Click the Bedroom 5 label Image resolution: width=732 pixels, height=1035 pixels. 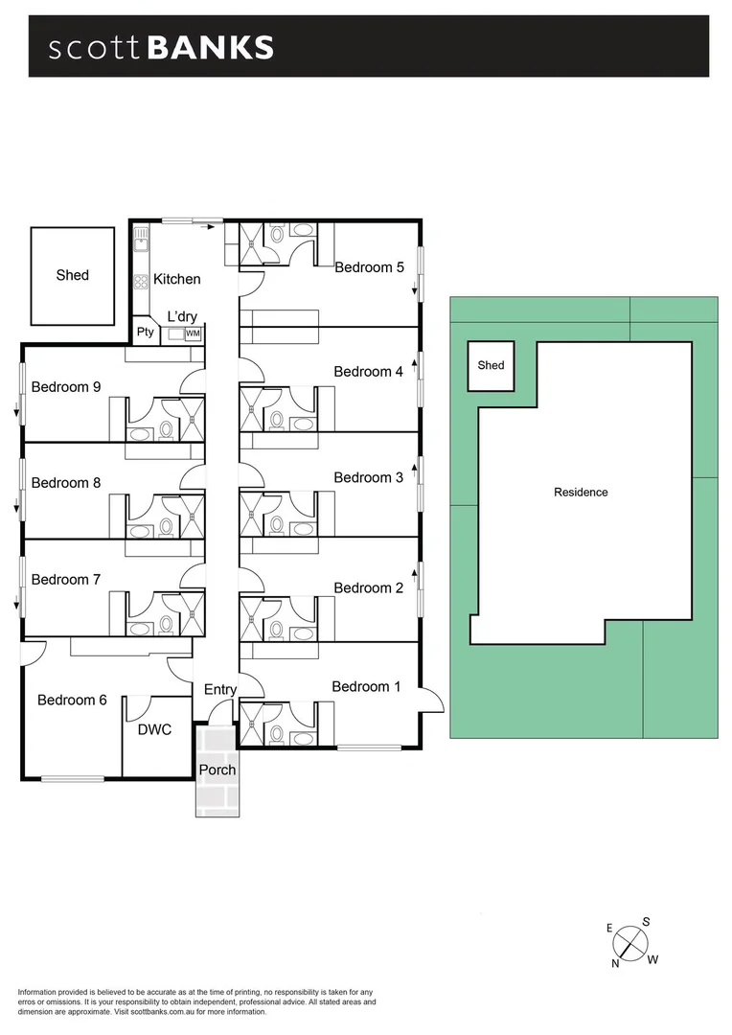tap(369, 267)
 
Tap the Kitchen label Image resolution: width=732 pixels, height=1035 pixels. tap(178, 279)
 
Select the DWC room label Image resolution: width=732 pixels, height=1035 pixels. tap(154, 729)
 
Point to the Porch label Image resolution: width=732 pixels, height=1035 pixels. tap(217, 770)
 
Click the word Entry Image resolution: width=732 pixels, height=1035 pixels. tap(220, 689)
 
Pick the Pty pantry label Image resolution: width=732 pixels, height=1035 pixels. tap(146, 333)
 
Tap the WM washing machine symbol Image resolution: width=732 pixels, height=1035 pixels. tap(193, 333)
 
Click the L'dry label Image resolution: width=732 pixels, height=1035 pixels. tap(183, 316)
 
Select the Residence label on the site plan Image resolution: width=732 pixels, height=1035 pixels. tap(581, 493)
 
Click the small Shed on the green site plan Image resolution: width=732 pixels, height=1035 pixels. tap(491, 365)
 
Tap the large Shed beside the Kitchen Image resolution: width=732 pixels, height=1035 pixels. tap(73, 275)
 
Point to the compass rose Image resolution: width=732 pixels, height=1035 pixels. tap(629, 943)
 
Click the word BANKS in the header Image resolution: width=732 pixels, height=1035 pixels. tap(211, 47)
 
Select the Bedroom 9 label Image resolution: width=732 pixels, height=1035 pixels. tap(66, 387)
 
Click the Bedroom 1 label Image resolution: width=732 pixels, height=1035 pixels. tap(367, 686)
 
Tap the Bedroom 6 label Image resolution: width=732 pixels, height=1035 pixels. tap(72, 700)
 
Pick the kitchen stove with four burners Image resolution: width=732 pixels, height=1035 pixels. tap(141, 282)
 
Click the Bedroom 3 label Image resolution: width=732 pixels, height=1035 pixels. tap(369, 477)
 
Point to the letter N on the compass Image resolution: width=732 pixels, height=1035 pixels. tap(615, 964)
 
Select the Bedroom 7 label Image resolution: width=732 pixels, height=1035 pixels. tap(66, 579)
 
